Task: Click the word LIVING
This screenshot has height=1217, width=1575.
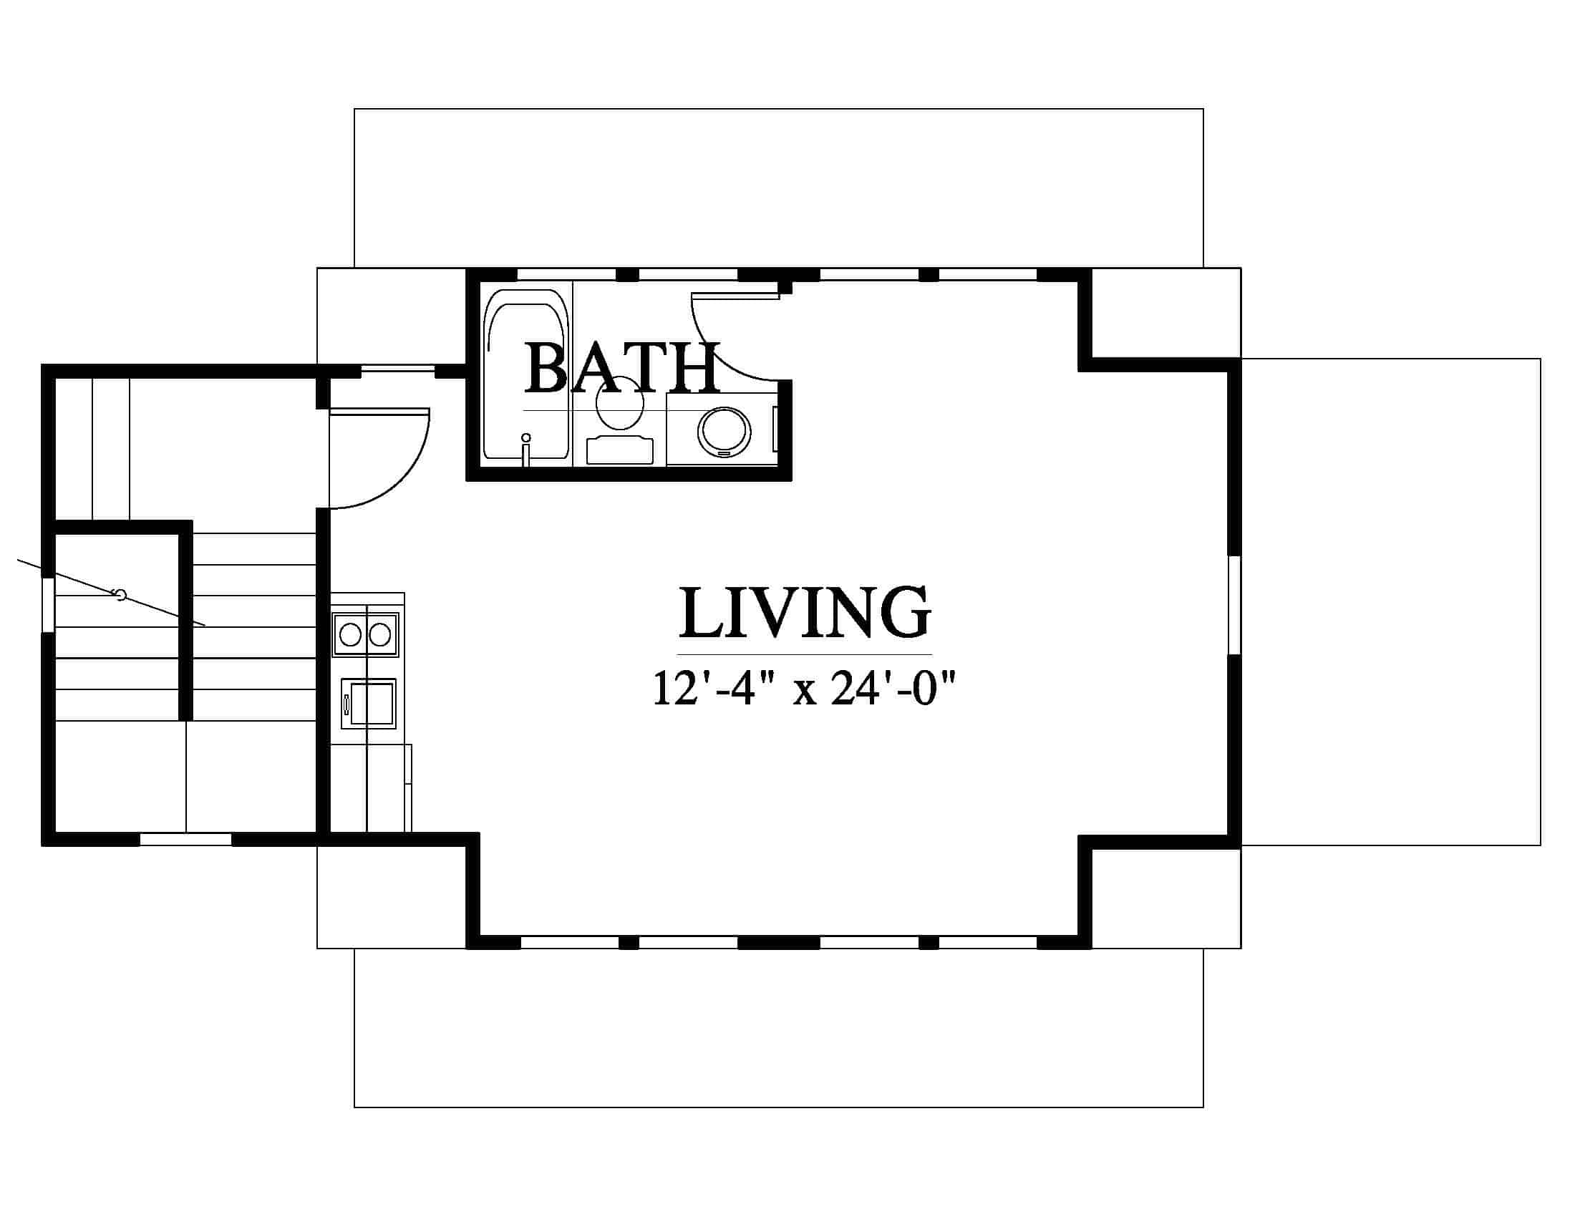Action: click(x=805, y=614)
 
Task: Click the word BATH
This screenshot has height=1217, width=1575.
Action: click(x=621, y=369)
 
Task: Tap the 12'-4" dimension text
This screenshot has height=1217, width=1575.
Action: click(x=713, y=689)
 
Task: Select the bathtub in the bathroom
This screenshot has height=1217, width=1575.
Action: click(x=525, y=375)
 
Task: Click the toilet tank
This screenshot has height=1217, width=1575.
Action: click(x=620, y=450)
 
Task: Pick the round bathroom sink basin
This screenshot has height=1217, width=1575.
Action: click(x=724, y=432)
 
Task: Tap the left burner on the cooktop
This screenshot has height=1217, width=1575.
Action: click(x=351, y=634)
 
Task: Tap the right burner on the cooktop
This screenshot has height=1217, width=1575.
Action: click(x=380, y=634)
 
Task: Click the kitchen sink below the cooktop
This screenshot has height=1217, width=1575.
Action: click(x=369, y=703)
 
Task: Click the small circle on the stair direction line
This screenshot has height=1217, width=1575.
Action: click(x=120, y=595)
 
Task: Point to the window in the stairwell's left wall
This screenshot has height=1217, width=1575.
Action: click(x=47, y=606)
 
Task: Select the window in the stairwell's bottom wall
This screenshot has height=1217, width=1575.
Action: click(x=185, y=839)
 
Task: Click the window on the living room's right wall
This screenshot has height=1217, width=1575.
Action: click(x=1234, y=605)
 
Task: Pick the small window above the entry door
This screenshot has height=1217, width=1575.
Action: click(x=397, y=372)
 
